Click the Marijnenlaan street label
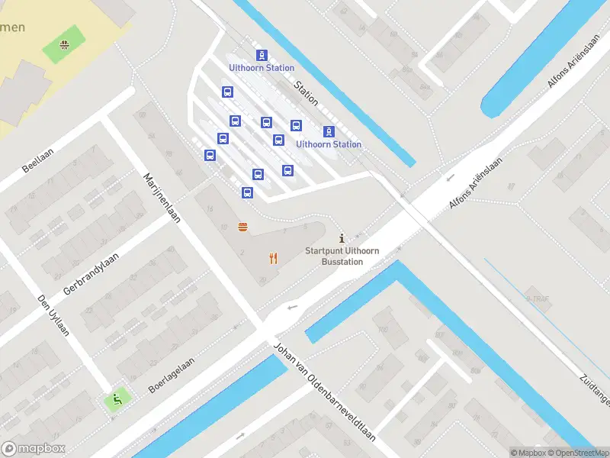point(162,197)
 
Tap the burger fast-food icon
point(243,226)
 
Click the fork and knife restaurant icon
point(273,258)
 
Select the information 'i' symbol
point(341,239)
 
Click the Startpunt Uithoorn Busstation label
point(342,256)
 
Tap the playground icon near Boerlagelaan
point(116,398)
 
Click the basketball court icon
point(64,44)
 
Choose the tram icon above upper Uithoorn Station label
point(262,55)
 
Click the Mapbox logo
point(34,449)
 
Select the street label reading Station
point(307,94)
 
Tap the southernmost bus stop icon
point(247,192)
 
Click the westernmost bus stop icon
point(210,155)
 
